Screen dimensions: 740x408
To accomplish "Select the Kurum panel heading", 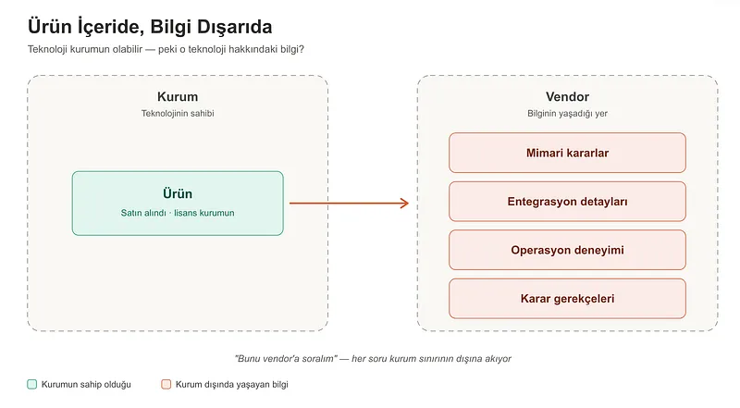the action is pos(178,97).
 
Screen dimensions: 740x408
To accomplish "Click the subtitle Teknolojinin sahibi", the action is pos(178,113).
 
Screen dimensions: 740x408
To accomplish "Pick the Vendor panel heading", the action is pos(567,97).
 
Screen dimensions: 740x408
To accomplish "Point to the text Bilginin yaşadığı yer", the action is pos(567,114).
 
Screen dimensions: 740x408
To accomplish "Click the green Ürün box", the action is pos(178,203).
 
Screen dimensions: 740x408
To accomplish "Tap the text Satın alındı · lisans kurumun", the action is pos(178,213).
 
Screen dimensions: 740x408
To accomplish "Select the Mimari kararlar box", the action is pos(567,153).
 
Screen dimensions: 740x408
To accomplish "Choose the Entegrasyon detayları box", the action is pos(567,201).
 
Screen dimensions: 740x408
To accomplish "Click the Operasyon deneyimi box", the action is pos(567,250).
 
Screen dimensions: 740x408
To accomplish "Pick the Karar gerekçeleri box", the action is pos(567,299).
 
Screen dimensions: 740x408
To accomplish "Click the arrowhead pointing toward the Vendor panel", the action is pos(405,204).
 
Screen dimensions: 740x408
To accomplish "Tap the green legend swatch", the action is pos(32,384).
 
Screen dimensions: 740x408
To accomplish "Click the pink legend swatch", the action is pos(166,384).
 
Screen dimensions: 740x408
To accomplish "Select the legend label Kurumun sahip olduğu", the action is pos(86,385).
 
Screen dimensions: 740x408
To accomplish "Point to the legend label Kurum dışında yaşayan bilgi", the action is pos(232,385).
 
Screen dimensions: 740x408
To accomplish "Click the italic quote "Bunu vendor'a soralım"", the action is pos(286,358).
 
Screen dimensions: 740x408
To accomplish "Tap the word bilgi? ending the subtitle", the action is pos(292,49).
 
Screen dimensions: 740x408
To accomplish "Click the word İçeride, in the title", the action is pos(111,28).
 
